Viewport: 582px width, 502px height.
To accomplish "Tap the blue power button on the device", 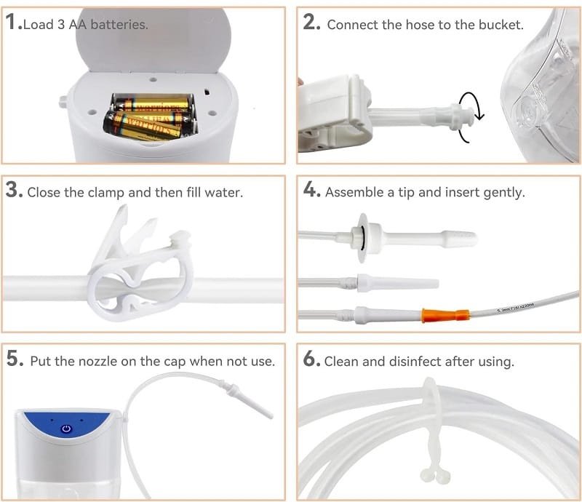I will pyautogui.click(x=66, y=429).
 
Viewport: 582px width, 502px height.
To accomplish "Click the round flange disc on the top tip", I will pyautogui.click(x=362, y=237).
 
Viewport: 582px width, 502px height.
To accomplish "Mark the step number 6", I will pyautogui.click(x=311, y=360).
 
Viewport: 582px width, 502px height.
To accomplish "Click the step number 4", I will pyautogui.click(x=311, y=191).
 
